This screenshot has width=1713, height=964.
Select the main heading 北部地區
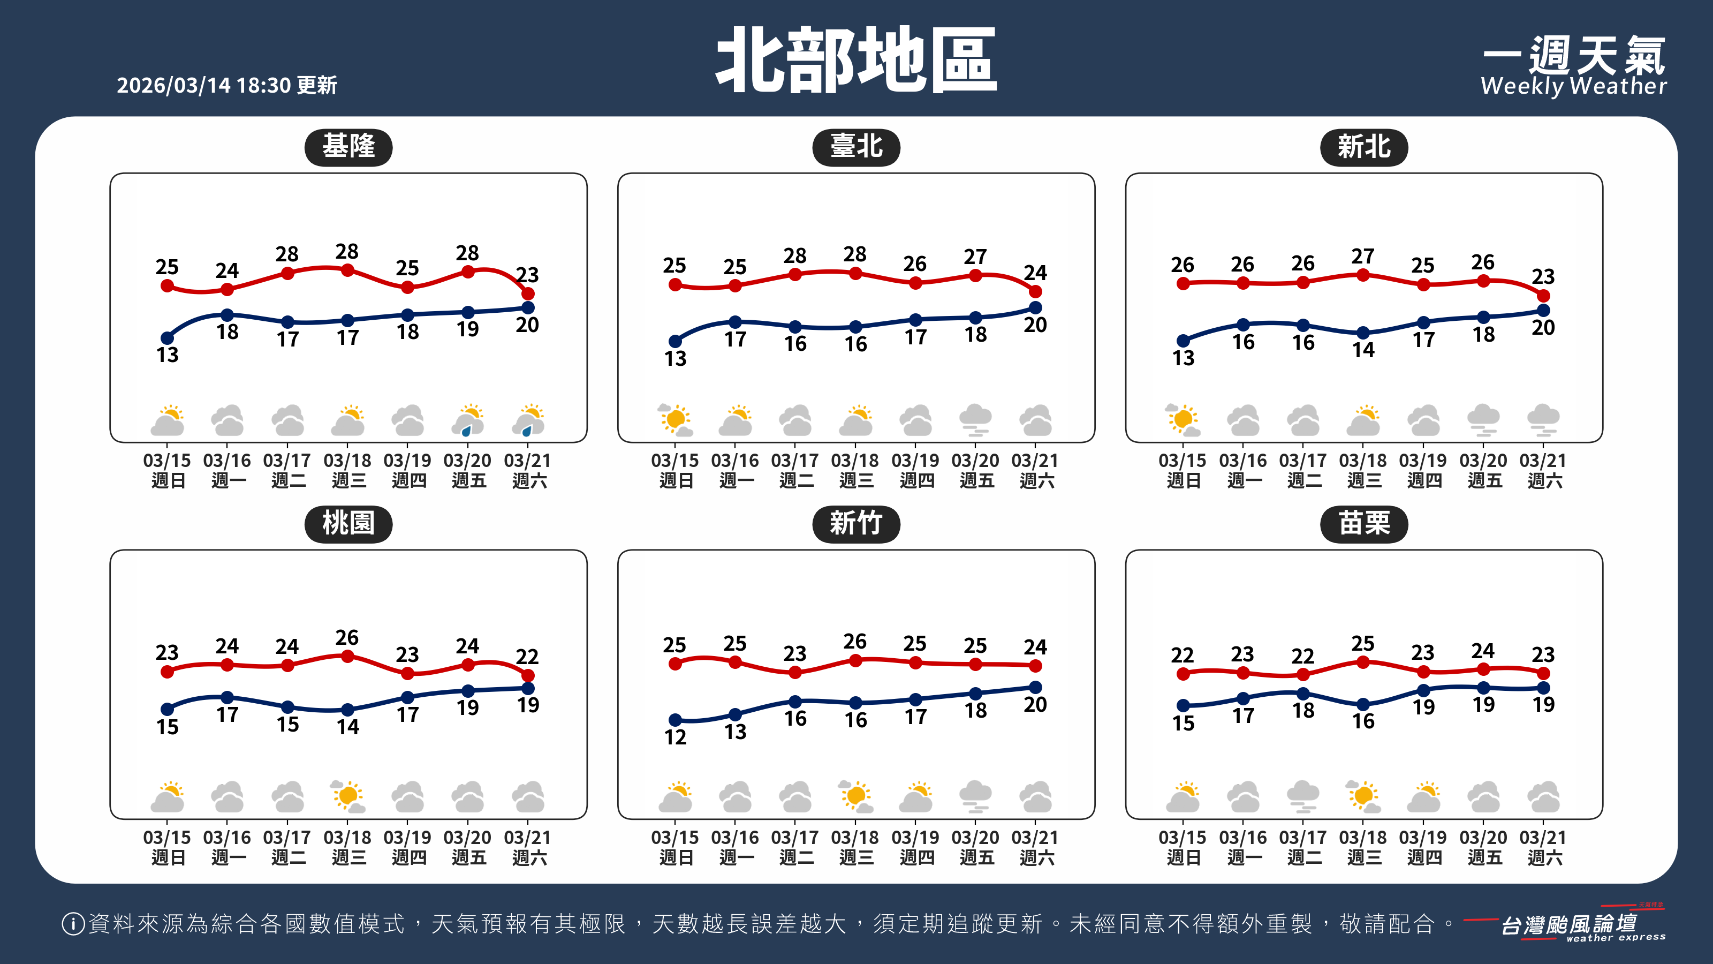click(856, 61)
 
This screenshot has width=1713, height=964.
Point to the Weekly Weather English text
click(1573, 86)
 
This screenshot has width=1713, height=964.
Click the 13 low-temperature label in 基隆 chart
click(168, 355)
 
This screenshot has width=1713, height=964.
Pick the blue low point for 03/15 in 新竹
click(675, 720)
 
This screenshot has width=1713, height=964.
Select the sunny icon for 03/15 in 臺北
click(675, 420)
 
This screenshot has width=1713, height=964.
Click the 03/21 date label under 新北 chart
click(1543, 461)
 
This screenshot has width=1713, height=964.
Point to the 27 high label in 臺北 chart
click(975, 257)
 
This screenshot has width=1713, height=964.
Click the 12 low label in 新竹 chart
click(675, 737)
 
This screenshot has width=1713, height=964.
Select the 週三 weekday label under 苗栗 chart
click(1364, 857)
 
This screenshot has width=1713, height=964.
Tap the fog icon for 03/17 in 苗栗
click(1303, 796)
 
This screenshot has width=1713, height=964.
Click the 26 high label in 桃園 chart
click(347, 637)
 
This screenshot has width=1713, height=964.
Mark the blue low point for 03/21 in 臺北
click(1035, 307)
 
